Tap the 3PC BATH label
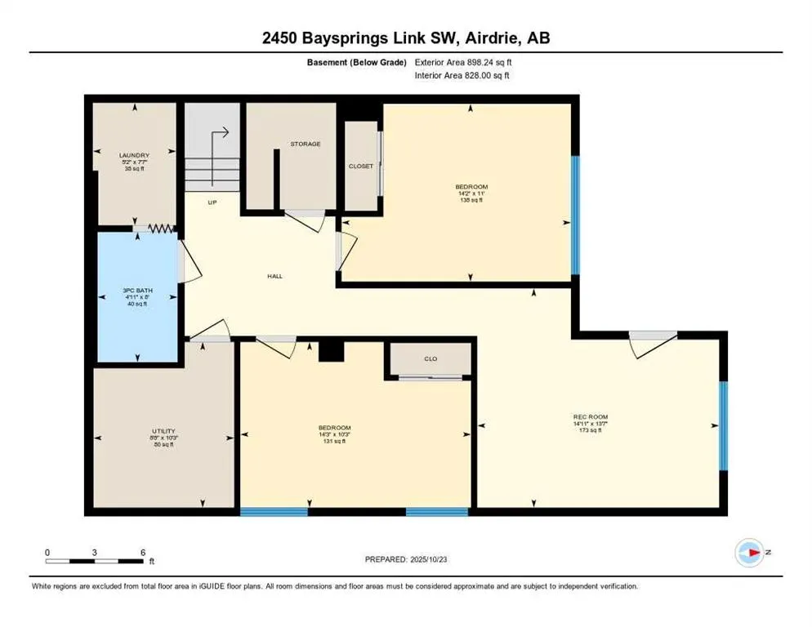coord(136,290)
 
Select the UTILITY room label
coord(163,431)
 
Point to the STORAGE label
coord(305,144)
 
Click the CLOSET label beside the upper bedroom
coord(360,166)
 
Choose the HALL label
coord(274,276)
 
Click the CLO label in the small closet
coord(430,357)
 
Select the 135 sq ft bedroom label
coord(471,187)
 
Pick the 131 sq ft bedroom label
coord(334,428)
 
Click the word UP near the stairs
coord(212,202)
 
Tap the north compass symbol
coord(749,553)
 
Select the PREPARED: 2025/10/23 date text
coord(406,559)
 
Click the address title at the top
coord(406,38)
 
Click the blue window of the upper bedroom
coord(575,215)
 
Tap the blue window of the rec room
coord(722,425)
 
